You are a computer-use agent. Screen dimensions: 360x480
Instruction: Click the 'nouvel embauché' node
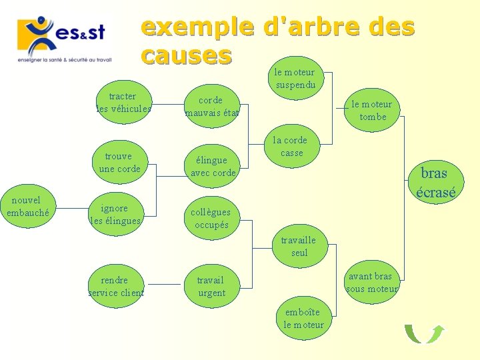coord(27,206)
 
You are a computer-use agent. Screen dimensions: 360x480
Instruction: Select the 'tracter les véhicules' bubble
coord(123,103)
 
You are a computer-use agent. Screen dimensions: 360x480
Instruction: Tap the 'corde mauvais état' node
coord(211,106)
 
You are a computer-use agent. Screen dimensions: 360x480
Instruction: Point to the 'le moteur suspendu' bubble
coord(295,79)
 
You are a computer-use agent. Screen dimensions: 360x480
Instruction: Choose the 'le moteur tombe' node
coord(372,111)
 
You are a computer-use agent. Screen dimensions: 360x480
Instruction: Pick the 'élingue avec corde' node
coord(212,166)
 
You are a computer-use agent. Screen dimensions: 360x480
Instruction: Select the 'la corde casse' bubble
coord(291,147)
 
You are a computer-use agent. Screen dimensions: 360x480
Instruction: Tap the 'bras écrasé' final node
coord(435,183)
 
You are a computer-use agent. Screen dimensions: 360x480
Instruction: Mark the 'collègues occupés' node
coord(211,218)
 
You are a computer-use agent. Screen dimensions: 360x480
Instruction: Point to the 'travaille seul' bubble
coord(299,246)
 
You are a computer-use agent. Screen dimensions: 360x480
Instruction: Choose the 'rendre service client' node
coord(116,286)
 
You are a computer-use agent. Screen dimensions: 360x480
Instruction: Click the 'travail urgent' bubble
coord(211,287)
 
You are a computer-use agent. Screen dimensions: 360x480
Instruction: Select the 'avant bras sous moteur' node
coord(371,282)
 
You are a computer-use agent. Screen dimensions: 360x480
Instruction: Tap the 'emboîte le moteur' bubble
coord(303,318)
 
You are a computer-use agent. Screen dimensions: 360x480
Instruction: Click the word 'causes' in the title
coord(186,55)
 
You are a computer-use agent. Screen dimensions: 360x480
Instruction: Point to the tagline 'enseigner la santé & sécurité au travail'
coord(65,59)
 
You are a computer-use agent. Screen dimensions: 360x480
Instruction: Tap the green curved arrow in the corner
coord(425,333)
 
